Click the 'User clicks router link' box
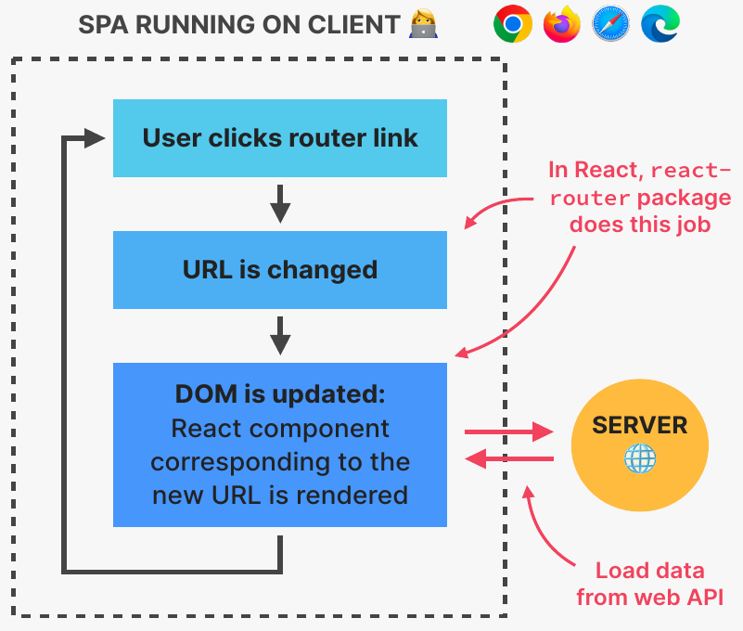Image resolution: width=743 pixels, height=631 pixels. pyautogui.click(x=279, y=138)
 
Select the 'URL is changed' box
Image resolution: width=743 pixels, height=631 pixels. pyautogui.click(x=279, y=270)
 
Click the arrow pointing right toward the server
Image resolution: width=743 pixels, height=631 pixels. pyautogui.click(x=507, y=431)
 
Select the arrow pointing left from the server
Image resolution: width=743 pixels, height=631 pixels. pyautogui.click(x=507, y=458)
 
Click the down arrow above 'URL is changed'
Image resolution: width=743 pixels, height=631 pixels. pyautogui.click(x=280, y=203)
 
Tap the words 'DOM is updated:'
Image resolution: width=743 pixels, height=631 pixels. pyautogui.click(x=279, y=393)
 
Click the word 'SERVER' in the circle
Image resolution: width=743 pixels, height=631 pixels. pyautogui.click(x=640, y=426)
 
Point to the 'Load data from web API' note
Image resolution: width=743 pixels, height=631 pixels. pyautogui.click(x=649, y=584)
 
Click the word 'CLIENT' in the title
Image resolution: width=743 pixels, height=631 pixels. pyautogui.click(x=353, y=25)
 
